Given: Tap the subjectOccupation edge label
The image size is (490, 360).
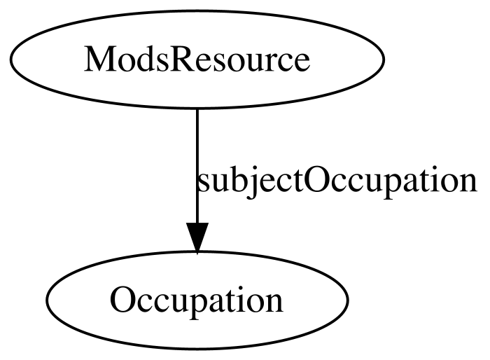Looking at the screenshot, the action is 336,181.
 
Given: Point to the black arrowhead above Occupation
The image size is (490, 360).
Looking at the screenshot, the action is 197,237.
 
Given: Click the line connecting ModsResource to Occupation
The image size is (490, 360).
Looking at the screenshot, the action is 197,166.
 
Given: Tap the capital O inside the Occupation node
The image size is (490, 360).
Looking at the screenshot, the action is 122,300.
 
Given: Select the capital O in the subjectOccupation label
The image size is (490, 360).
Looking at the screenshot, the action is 316,181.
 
